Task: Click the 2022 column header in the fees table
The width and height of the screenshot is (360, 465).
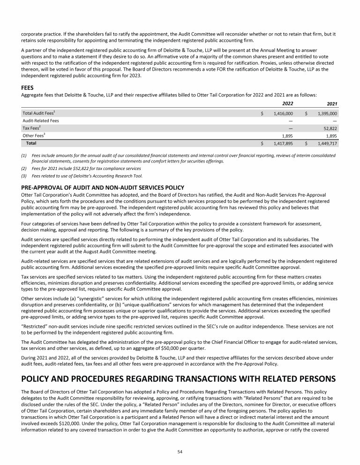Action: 286,103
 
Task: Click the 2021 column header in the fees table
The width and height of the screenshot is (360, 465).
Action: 330,103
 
